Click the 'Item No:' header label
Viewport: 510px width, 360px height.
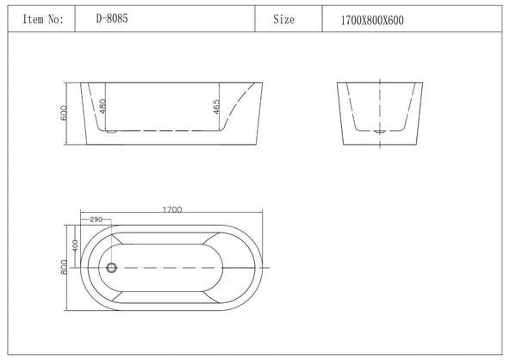click(43, 17)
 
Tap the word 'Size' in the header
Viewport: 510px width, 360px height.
click(283, 17)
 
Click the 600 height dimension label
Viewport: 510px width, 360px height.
click(63, 115)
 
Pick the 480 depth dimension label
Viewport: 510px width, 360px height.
click(103, 108)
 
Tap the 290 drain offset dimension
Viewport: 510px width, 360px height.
click(96, 220)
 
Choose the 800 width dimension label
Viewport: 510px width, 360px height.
click(64, 268)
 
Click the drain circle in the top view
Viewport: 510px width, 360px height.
click(110, 268)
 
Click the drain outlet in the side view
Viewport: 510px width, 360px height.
click(109, 132)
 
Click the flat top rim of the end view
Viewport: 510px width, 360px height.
click(380, 83)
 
